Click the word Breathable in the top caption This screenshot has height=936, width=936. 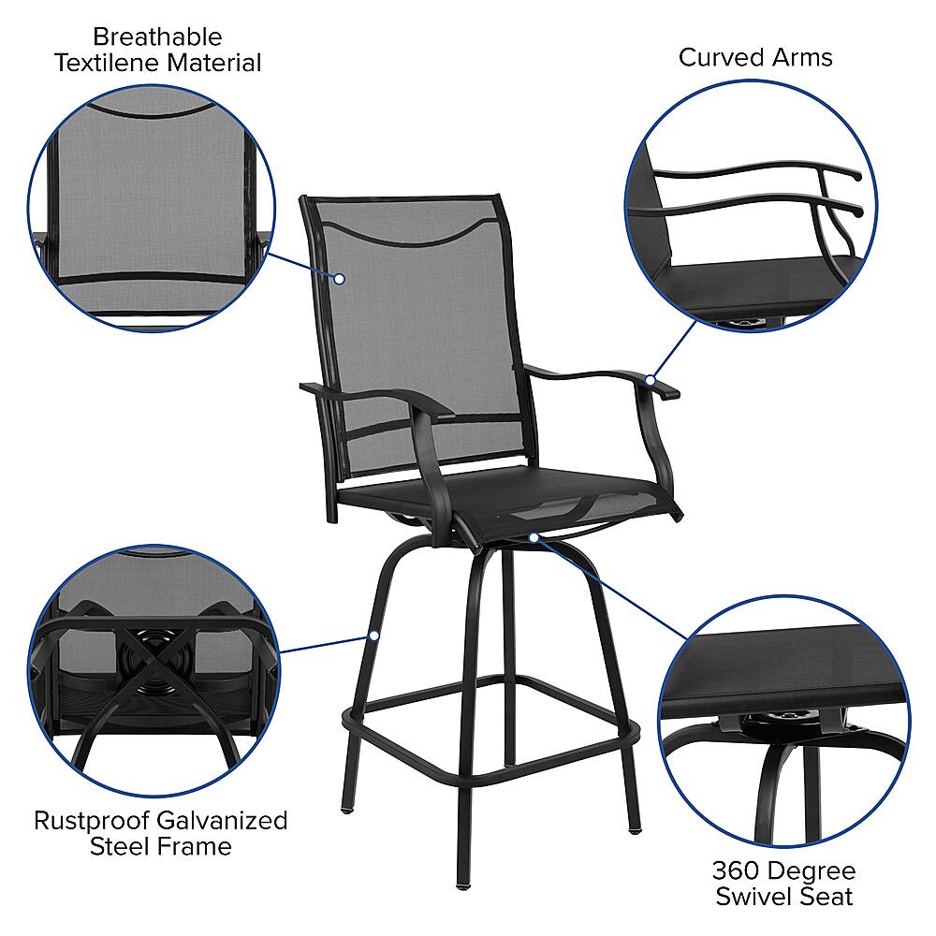pyautogui.click(x=157, y=37)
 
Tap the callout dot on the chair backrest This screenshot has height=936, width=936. pyautogui.click(x=340, y=278)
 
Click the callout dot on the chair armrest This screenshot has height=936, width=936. pyautogui.click(x=650, y=380)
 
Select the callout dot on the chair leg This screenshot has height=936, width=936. pyautogui.click(x=373, y=636)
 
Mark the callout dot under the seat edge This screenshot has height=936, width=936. pyautogui.click(x=534, y=537)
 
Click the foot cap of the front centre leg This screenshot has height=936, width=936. pyautogui.click(x=461, y=881)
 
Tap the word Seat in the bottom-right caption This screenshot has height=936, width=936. pyautogui.click(x=827, y=897)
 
